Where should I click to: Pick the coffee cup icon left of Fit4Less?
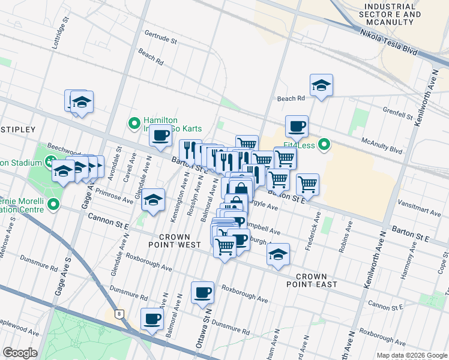(297, 127)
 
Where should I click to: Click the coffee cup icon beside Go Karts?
(160, 136)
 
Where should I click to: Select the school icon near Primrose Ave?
(153, 199)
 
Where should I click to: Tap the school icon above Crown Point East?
(278, 254)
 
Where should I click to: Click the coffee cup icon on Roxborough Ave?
(202, 292)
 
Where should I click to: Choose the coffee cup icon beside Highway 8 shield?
(152, 318)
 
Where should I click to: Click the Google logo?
(20, 353)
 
